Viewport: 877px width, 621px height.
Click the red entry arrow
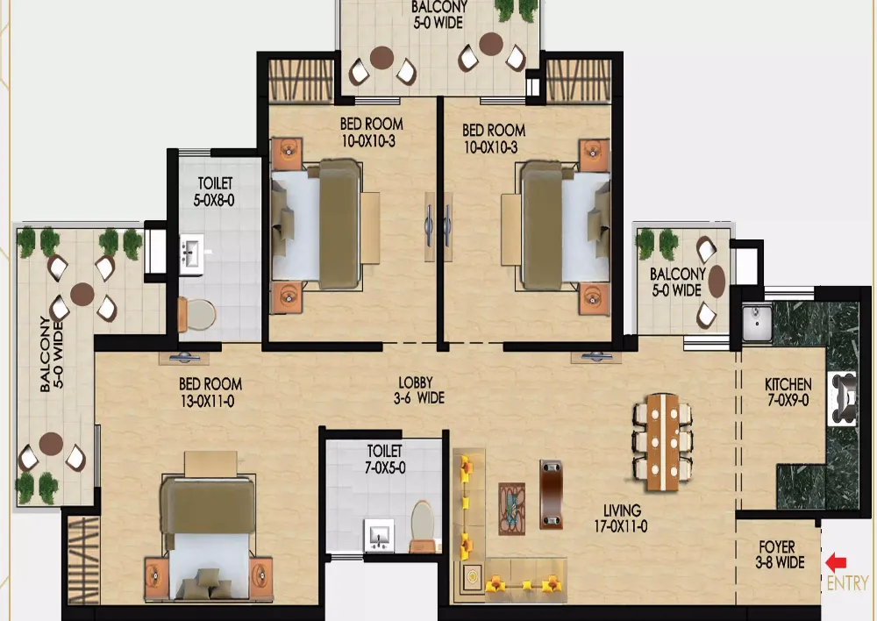(836, 562)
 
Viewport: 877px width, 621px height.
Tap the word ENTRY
(847, 583)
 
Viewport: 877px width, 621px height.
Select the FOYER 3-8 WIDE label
(780, 554)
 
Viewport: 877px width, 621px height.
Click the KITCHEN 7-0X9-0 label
(788, 391)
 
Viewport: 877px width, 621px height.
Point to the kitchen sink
(758, 323)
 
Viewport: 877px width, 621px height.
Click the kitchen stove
(842, 398)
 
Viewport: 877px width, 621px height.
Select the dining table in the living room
(663, 442)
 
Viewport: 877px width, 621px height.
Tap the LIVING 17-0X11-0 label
(622, 518)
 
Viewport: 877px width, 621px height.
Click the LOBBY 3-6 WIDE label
(419, 390)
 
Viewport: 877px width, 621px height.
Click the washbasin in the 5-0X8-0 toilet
(192, 253)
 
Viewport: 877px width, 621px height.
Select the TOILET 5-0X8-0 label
(215, 191)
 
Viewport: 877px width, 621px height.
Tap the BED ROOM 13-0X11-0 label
(210, 391)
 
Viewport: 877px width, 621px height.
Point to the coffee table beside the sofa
(512, 509)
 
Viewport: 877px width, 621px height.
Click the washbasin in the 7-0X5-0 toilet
(379, 535)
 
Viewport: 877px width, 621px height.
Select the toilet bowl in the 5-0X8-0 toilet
(196, 314)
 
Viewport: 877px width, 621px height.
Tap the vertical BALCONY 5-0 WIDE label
(52, 354)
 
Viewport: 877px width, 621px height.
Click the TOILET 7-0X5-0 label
(385, 459)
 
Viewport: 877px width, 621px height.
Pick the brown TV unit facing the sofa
(551, 494)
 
